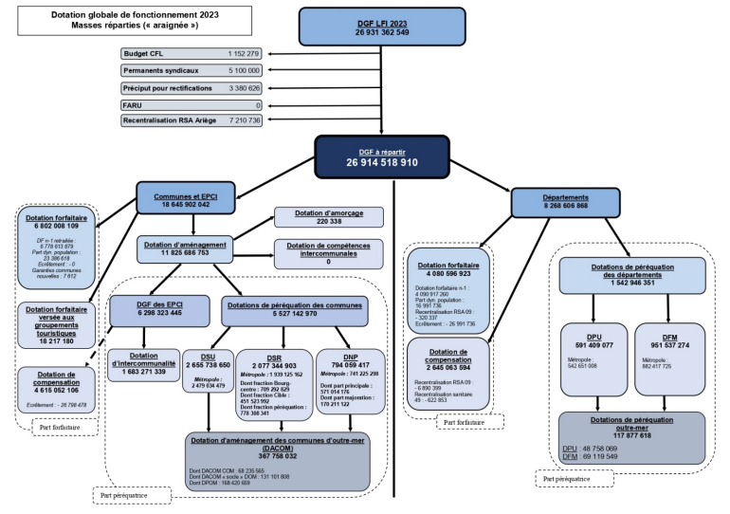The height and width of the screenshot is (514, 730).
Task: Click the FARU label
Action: tap(132, 105)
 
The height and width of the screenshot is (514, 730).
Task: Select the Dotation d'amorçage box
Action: tap(329, 217)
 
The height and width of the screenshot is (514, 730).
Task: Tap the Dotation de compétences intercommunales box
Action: tap(329, 251)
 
